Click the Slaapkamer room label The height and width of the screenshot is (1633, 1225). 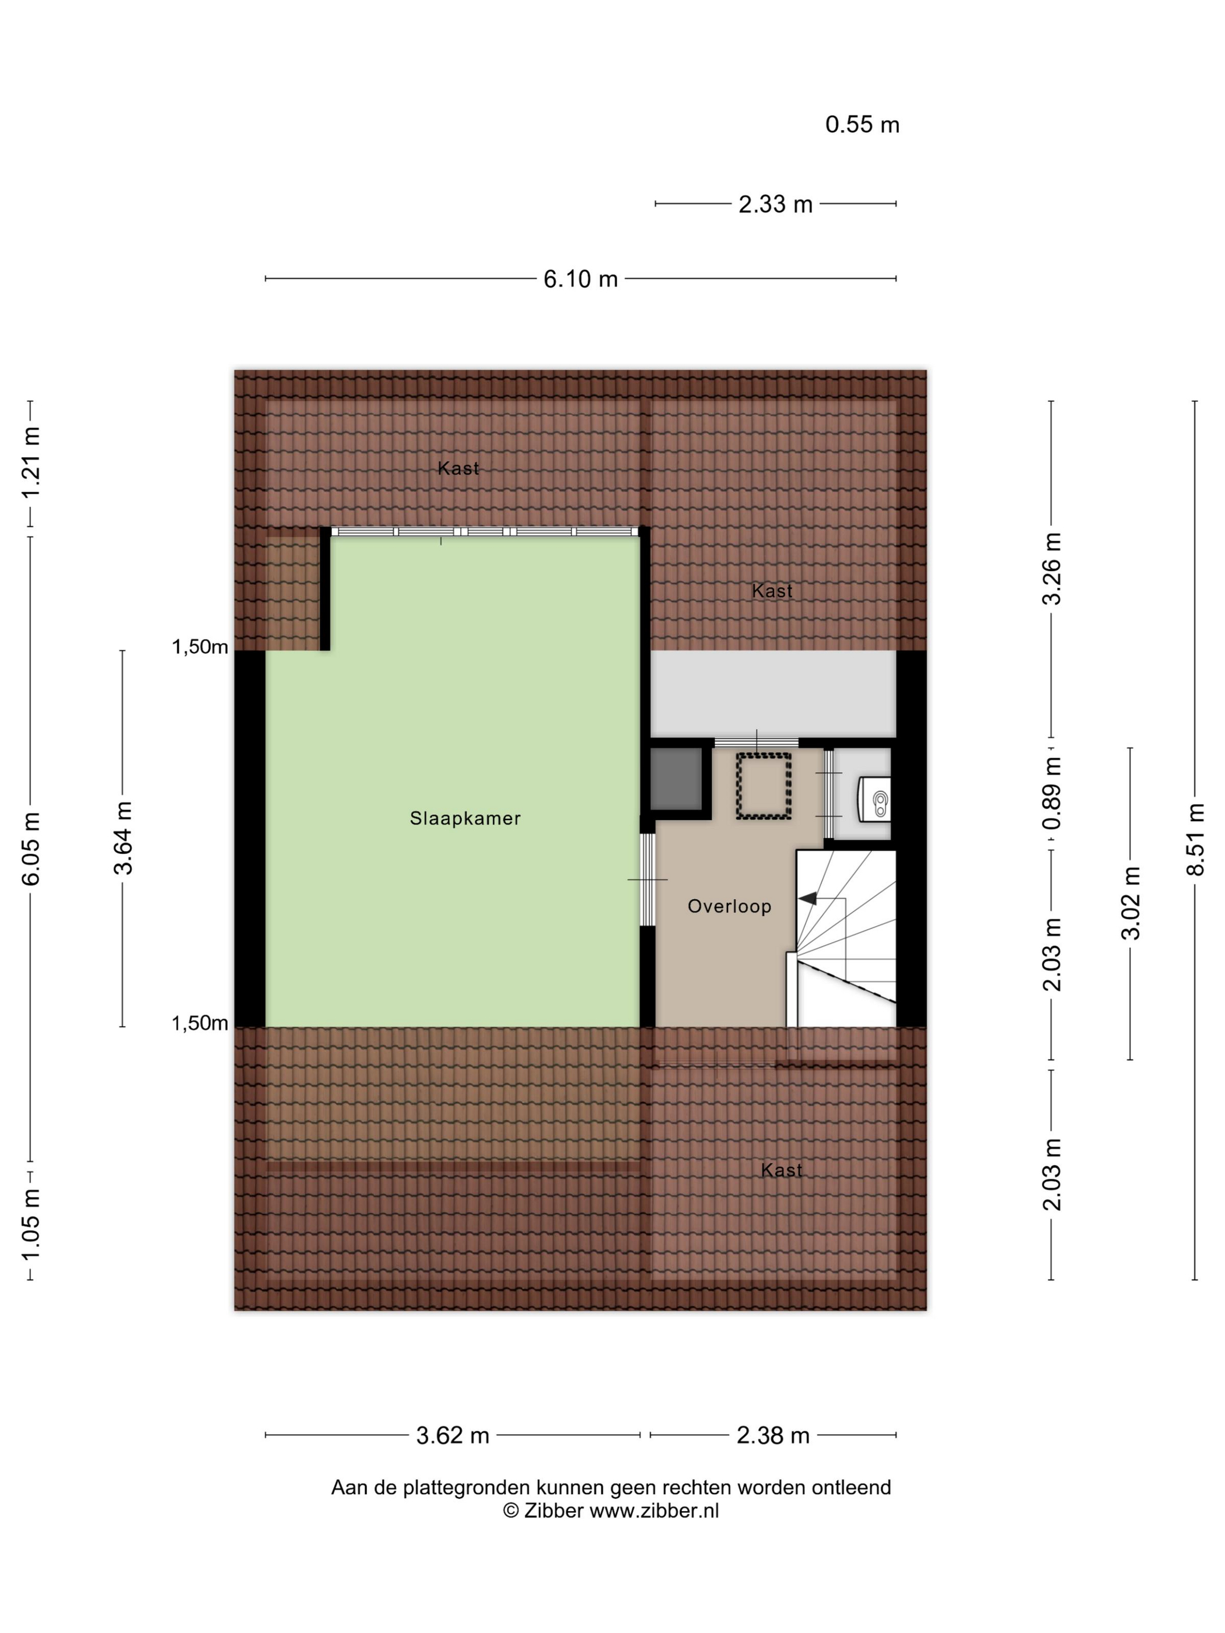tap(465, 818)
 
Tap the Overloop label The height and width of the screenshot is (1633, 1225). tap(730, 906)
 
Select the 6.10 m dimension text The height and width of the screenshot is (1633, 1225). tap(580, 279)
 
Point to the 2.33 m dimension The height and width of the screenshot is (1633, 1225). tap(775, 204)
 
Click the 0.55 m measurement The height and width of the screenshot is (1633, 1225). tap(862, 124)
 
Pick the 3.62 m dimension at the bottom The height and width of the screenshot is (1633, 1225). tap(453, 1435)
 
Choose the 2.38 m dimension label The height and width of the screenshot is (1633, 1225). tap(773, 1435)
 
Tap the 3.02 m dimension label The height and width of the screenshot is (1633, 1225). tap(1130, 903)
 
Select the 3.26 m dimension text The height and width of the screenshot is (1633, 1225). tap(1052, 569)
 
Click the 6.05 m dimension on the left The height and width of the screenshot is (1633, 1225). tap(30, 848)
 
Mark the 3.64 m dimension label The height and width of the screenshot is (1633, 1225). tap(123, 838)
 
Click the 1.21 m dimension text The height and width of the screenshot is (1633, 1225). tap(30, 463)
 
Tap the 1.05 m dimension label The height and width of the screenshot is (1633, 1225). tap(30, 1226)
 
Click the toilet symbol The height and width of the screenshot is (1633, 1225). tap(874, 799)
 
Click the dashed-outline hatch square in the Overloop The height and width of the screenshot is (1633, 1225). tap(764, 786)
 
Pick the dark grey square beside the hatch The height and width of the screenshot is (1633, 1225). tap(675, 779)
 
